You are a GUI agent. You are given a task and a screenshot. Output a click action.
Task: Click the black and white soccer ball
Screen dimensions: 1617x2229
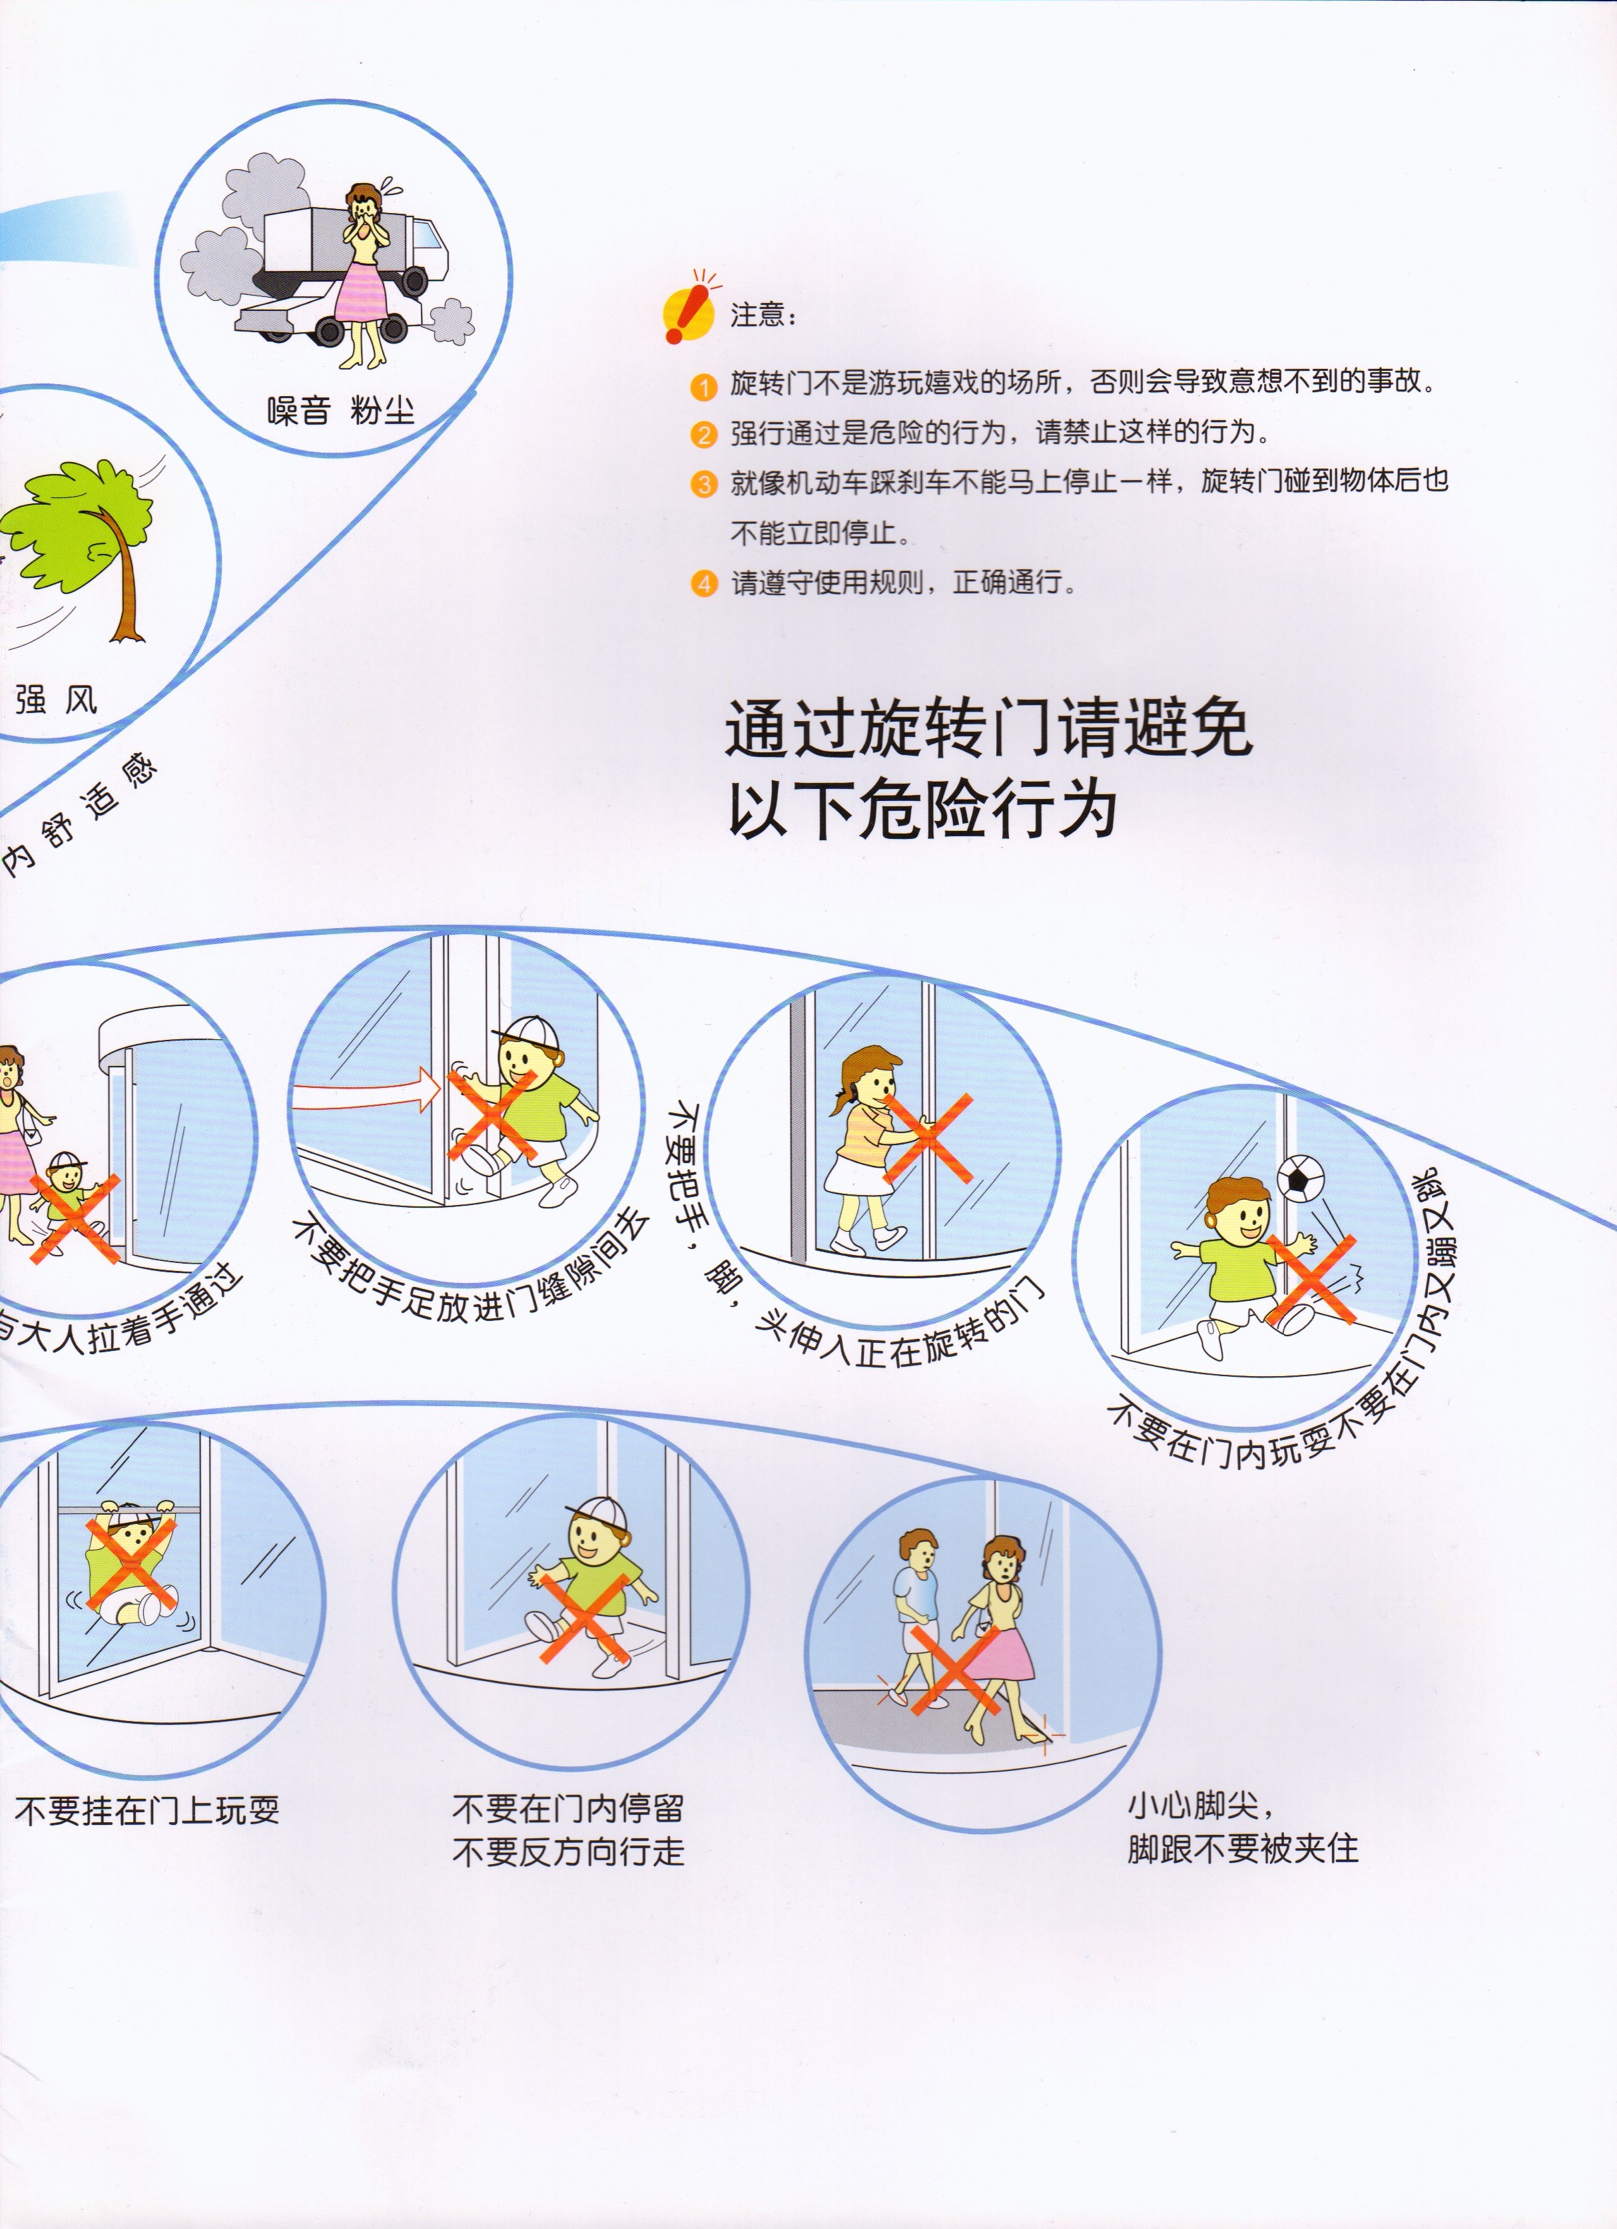pyautogui.click(x=1299, y=1177)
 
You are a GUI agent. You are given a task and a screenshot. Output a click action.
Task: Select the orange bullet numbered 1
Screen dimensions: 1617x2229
pyautogui.click(x=704, y=386)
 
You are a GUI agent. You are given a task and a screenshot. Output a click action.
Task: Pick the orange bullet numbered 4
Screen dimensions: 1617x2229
pyautogui.click(x=704, y=584)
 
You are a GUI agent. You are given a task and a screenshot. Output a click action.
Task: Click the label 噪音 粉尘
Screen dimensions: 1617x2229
pyautogui.click(x=340, y=410)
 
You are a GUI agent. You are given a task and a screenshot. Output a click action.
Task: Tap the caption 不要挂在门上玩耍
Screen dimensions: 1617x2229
pyautogui.click(x=147, y=1810)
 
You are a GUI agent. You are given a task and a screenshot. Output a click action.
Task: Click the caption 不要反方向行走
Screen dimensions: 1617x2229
pyautogui.click(x=568, y=1852)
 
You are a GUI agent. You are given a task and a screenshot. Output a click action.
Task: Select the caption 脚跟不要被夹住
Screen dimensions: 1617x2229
pyautogui.click(x=1243, y=1849)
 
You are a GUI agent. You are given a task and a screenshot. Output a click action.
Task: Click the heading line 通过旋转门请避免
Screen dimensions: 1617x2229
pyautogui.click(x=988, y=728)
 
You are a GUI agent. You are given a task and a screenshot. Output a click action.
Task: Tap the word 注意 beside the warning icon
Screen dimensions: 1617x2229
pyautogui.click(x=758, y=314)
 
